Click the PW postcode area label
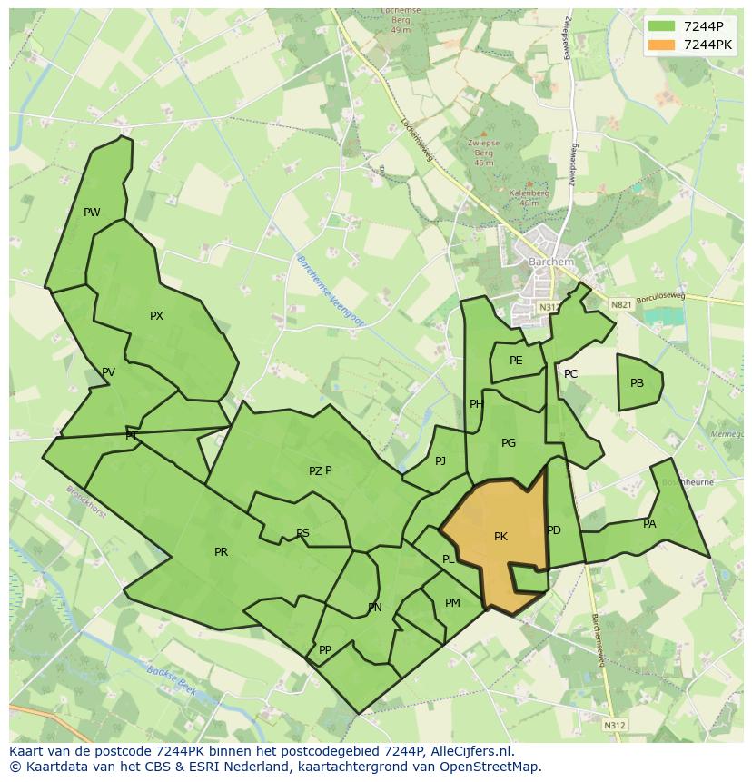click(x=92, y=213)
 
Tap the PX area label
click(x=156, y=316)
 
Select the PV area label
click(x=108, y=372)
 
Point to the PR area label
click(x=221, y=552)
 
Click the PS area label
click(x=302, y=533)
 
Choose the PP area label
click(x=325, y=649)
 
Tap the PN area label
click(x=374, y=608)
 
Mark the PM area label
click(x=452, y=603)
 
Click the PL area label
click(x=448, y=559)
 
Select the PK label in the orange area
click(x=500, y=537)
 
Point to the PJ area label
click(x=440, y=461)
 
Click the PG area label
click(x=509, y=443)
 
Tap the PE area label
click(x=516, y=361)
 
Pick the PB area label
click(x=637, y=383)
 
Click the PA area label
click(x=649, y=524)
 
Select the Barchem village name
click(x=551, y=262)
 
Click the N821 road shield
click(x=621, y=305)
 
